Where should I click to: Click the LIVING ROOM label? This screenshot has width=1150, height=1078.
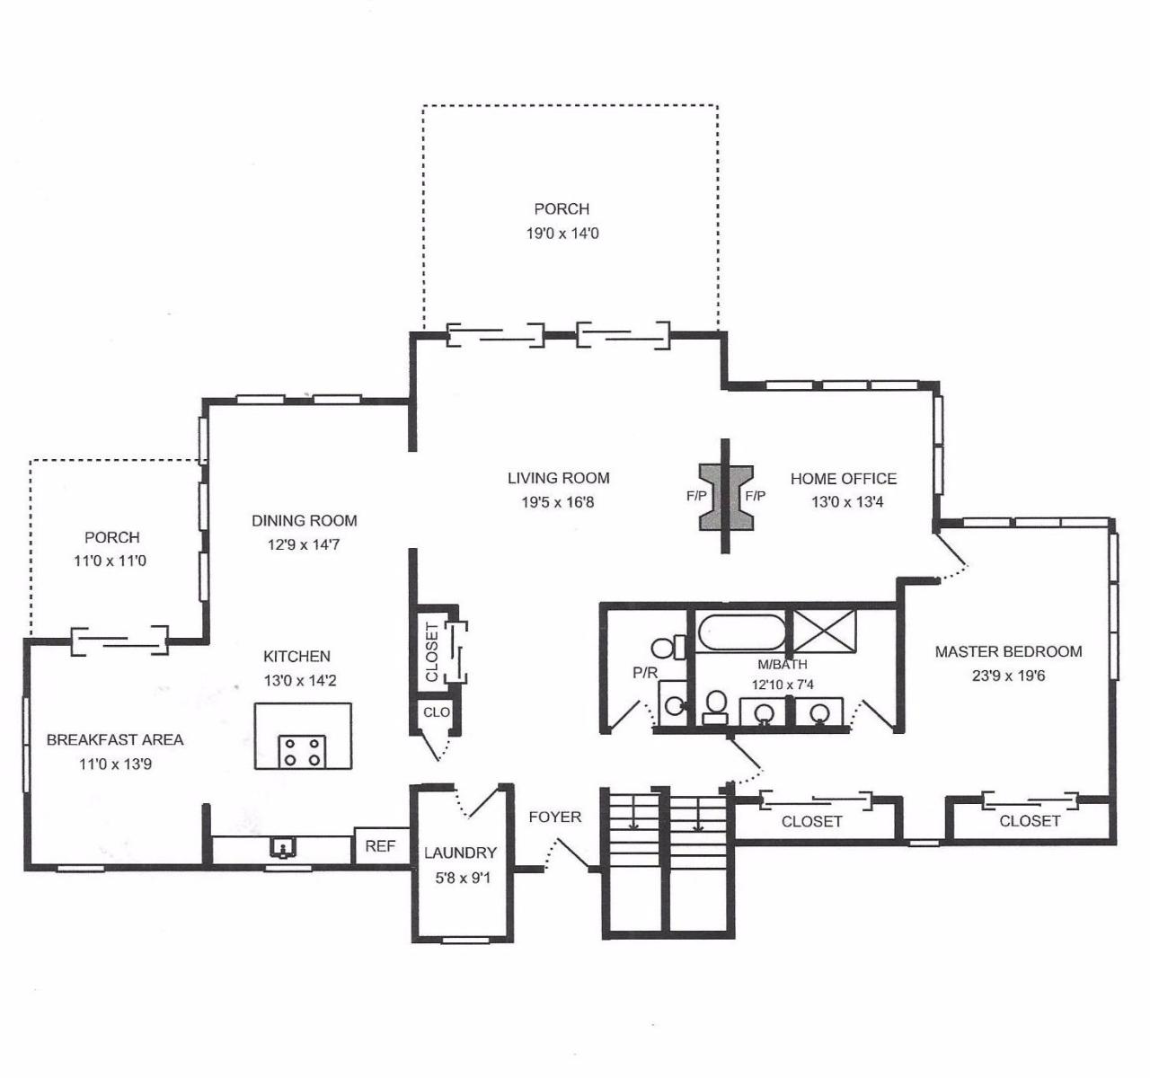pyautogui.click(x=558, y=479)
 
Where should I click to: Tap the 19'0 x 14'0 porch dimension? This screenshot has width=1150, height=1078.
pyautogui.click(x=562, y=234)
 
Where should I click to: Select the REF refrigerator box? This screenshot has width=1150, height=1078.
pyautogui.click(x=381, y=846)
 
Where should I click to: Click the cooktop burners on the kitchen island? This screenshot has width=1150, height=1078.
pyautogui.click(x=302, y=752)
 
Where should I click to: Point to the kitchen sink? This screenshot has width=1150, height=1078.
pyautogui.click(x=283, y=848)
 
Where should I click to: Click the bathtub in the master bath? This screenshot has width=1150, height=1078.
pyautogui.click(x=740, y=632)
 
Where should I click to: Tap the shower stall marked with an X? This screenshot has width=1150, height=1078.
pyautogui.click(x=824, y=631)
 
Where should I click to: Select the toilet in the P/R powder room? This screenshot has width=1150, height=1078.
pyautogui.click(x=668, y=647)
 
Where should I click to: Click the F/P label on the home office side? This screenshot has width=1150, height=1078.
pyautogui.click(x=755, y=496)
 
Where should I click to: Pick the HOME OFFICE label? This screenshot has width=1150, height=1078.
pyautogui.click(x=844, y=479)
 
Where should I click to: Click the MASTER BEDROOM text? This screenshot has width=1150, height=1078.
pyautogui.click(x=1008, y=651)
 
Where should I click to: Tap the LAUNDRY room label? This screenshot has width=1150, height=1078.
pyautogui.click(x=460, y=853)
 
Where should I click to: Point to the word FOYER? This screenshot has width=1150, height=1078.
pyautogui.click(x=554, y=817)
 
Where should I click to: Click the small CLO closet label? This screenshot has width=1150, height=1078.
pyautogui.click(x=437, y=711)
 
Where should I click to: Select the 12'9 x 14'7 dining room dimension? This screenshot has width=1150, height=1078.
pyautogui.click(x=304, y=544)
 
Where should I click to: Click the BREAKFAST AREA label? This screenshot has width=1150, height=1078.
pyautogui.click(x=115, y=739)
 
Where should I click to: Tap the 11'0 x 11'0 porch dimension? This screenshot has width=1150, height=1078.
pyautogui.click(x=110, y=561)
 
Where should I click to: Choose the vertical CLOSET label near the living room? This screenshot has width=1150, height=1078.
pyautogui.click(x=432, y=652)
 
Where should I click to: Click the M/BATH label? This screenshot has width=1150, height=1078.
pyautogui.click(x=783, y=664)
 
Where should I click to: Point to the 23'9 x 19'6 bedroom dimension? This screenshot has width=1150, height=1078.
pyautogui.click(x=1008, y=676)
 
